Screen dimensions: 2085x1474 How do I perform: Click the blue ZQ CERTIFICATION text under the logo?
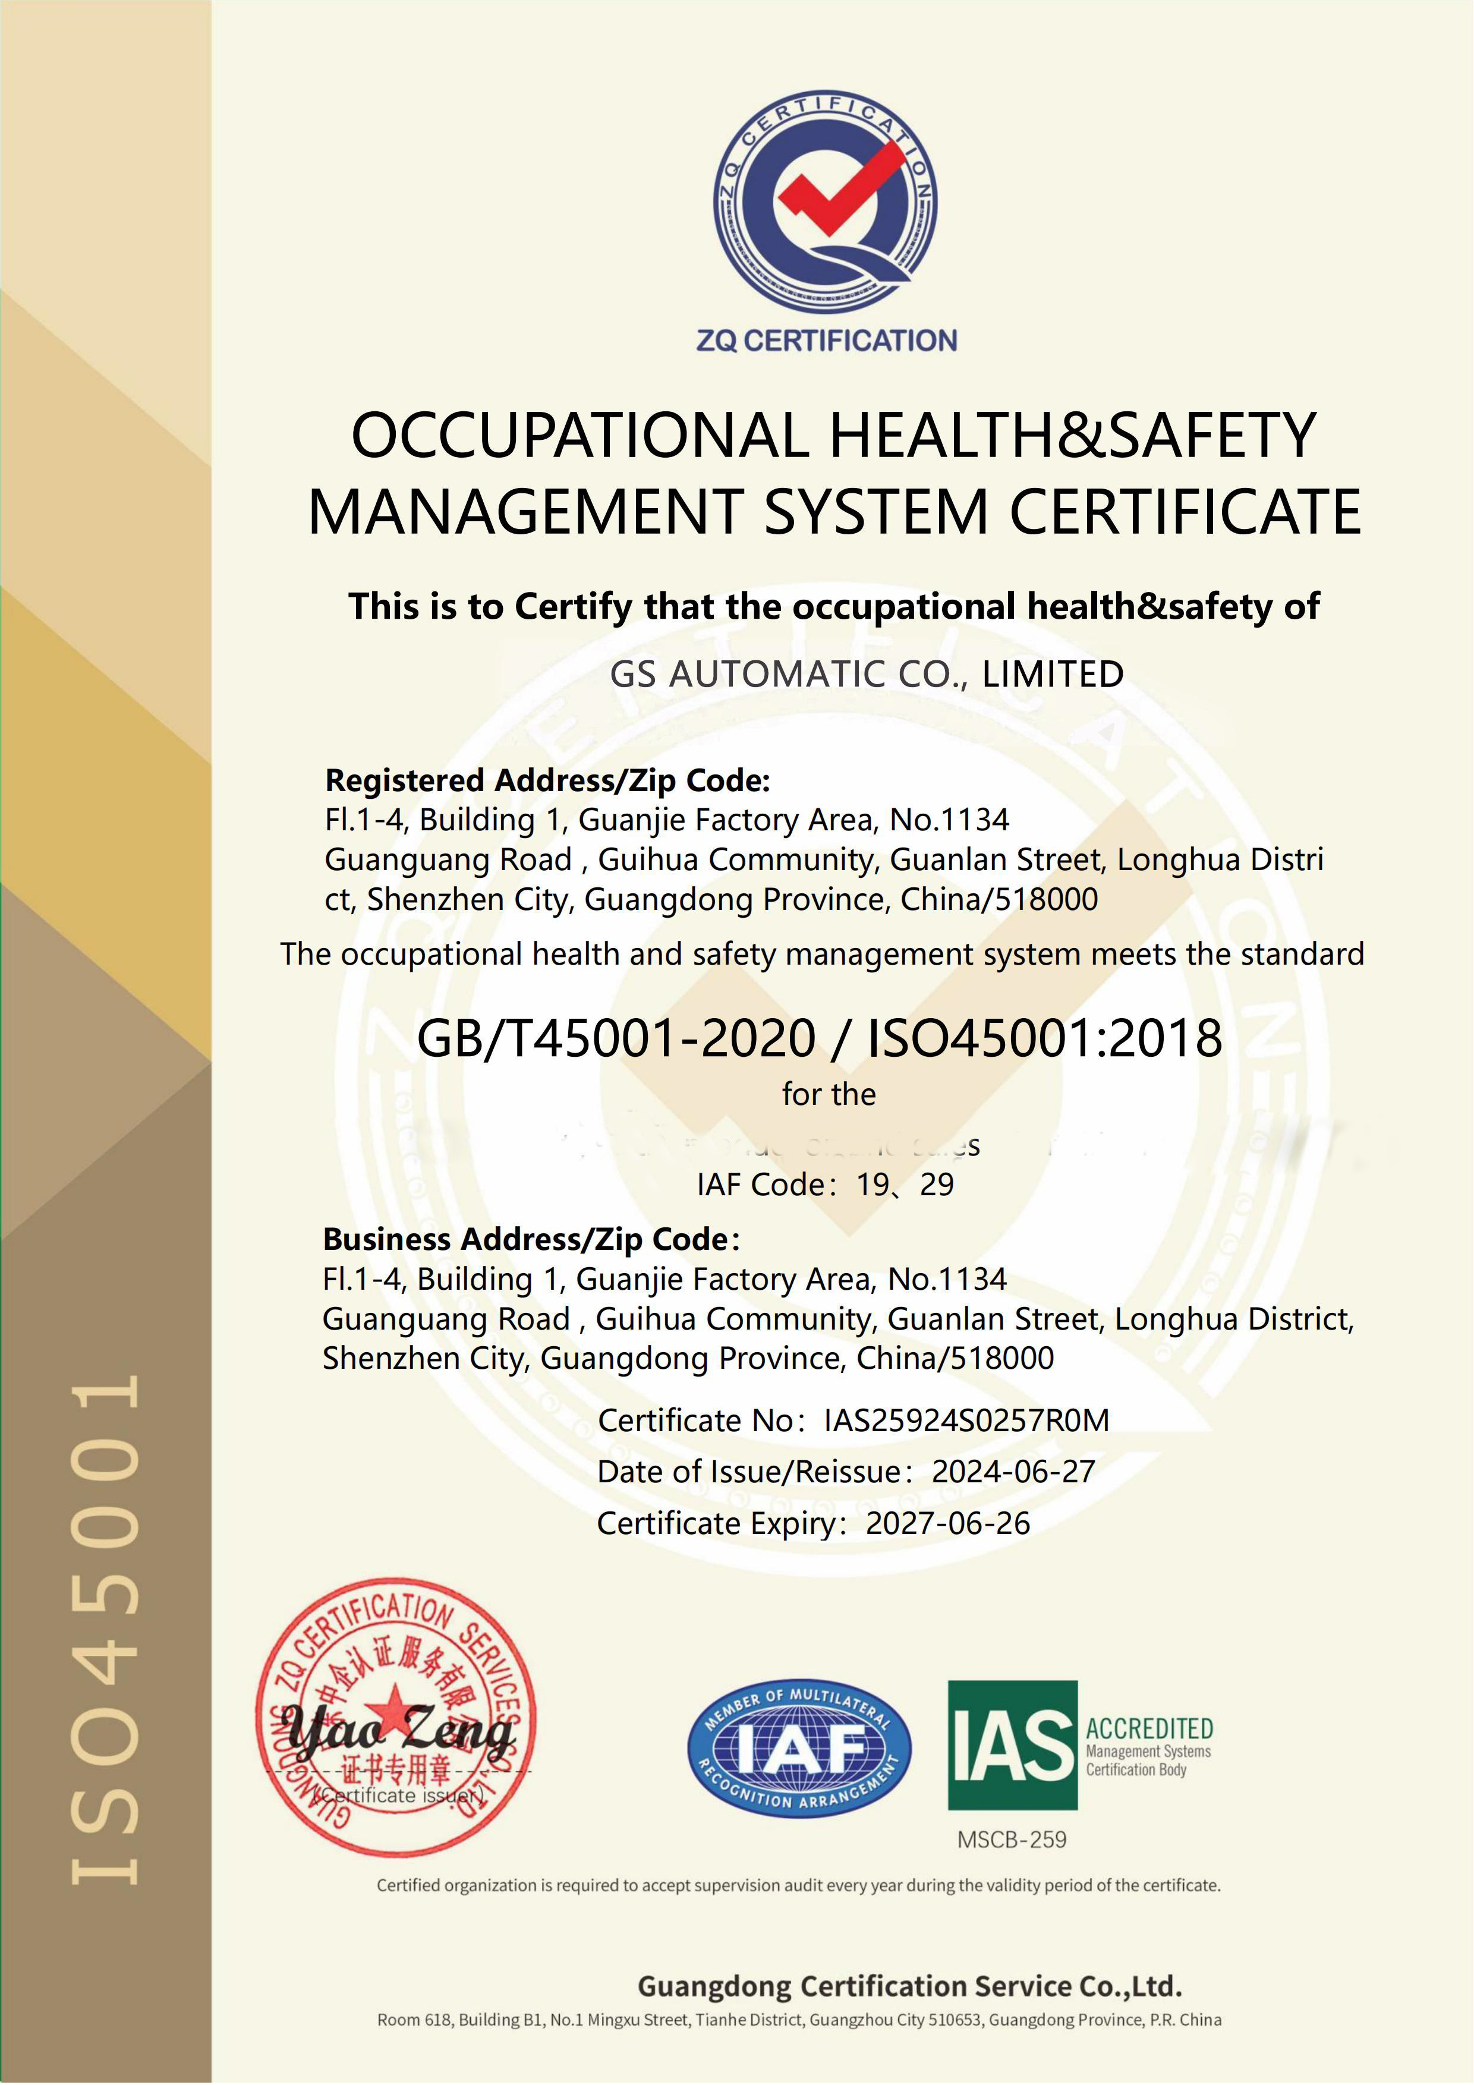[827, 341]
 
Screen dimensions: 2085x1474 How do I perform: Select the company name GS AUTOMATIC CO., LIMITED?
[867, 674]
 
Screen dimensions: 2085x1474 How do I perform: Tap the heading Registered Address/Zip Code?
[547, 780]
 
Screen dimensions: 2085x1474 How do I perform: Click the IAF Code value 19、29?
[905, 1184]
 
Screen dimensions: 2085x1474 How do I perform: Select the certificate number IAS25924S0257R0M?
[966, 1421]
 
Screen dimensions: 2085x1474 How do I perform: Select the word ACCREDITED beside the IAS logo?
[1149, 1728]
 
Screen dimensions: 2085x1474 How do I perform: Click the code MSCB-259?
[1012, 1839]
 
